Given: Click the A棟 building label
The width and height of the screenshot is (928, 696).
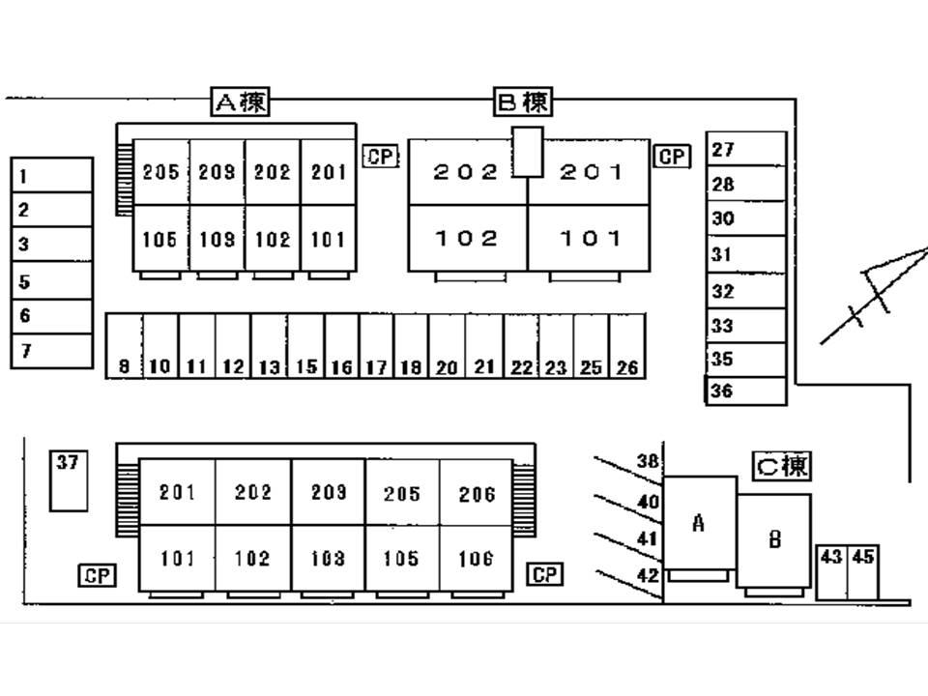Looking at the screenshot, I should coord(240,101).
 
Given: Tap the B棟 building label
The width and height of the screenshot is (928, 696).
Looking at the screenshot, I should coord(524,101).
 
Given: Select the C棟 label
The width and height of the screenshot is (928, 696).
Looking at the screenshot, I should coord(782,467).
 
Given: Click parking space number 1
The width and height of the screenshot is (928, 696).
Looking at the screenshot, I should coord(52,176).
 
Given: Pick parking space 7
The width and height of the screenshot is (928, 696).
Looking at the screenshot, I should coord(52,352).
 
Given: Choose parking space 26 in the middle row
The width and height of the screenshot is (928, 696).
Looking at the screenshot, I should coord(627,346).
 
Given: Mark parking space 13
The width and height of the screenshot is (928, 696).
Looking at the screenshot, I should coord(269,346).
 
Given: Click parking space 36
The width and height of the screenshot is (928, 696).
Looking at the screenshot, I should coord(745,391).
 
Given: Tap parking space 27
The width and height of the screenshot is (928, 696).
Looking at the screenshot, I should coord(745,150).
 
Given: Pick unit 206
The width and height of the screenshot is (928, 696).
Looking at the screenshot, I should coord(477,494).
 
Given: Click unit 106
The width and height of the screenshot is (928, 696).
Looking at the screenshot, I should coord(477,559).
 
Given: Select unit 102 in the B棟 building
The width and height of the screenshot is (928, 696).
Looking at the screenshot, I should coord(467,238).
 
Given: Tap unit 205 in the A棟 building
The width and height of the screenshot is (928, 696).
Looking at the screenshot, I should coord(160,172).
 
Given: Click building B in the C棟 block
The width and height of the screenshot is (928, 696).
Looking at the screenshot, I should coord(773,539).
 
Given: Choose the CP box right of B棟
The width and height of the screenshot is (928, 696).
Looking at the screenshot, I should coord(673,157).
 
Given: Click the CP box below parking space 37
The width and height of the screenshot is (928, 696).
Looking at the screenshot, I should coord(97,576).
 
